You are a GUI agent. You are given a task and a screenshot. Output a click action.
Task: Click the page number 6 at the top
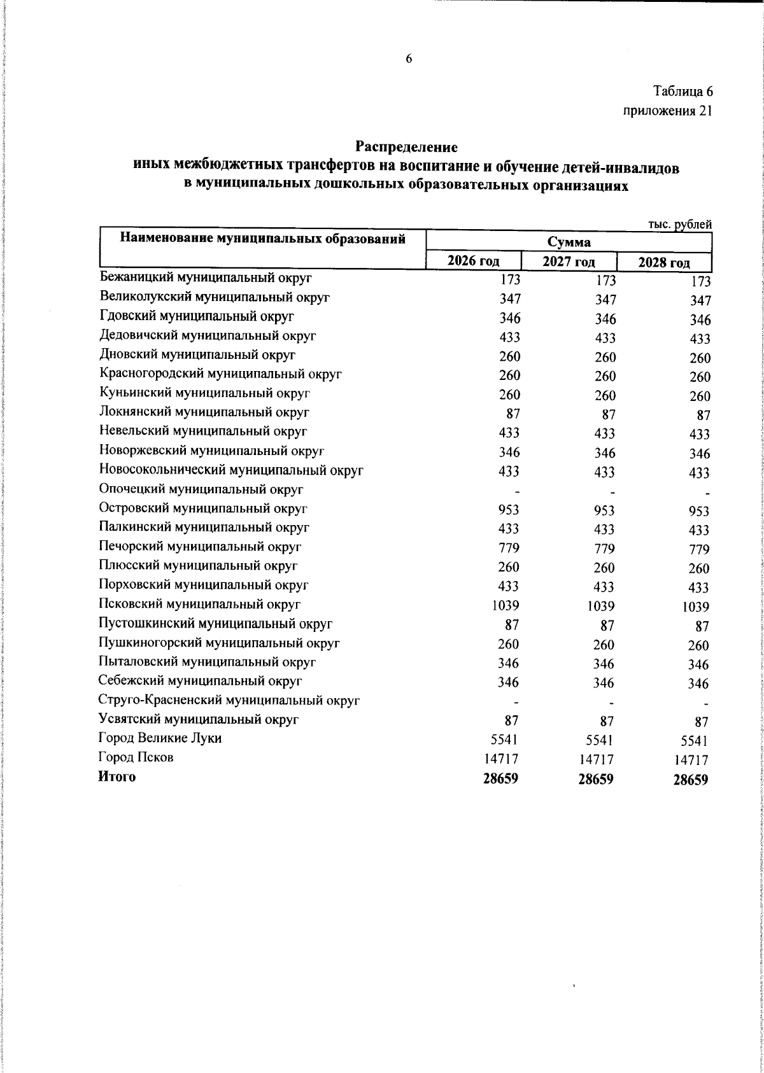click(x=409, y=59)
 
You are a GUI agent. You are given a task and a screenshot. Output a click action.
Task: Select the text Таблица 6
click(x=682, y=92)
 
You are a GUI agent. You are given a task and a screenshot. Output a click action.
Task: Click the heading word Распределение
click(x=406, y=147)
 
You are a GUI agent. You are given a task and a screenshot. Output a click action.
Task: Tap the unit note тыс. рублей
click(x=679, y=224)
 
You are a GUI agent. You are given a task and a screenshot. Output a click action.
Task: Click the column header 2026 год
click(x=472, y=261)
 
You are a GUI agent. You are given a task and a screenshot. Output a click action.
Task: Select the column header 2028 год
click(x=664, y=262)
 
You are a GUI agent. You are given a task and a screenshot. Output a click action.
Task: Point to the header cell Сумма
click(x=568, y=242)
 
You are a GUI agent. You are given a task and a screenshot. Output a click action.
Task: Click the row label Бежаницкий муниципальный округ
click(x=206, y=277)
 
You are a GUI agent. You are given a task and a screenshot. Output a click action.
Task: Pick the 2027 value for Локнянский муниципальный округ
click(x=608, y=415)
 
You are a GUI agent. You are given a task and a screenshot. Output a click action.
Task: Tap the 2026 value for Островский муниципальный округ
click(x=509, y=510)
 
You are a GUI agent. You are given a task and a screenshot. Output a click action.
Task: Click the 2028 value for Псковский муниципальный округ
click(x=695, y=607)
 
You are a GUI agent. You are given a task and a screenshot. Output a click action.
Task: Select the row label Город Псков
click(x=136, y=757)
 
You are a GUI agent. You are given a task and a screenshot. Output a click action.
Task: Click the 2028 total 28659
click(x=691, y=780)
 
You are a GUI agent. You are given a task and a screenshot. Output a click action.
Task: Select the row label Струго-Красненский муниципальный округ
click(x=230, y=701)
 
